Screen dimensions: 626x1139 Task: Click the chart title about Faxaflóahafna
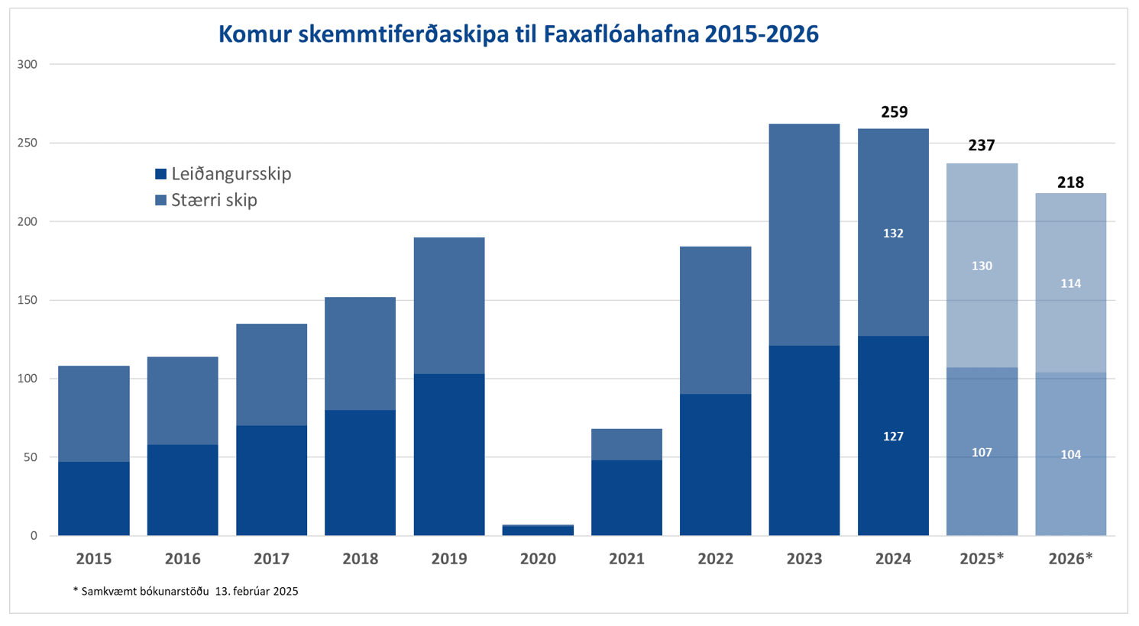tap(518, 34)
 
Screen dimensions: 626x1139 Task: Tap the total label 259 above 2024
tap(894, 112)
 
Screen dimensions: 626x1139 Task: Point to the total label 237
tap(982, 145)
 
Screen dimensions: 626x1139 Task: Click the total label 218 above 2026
tap(1070, 182)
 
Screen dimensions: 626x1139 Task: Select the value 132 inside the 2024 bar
tap(893, 234)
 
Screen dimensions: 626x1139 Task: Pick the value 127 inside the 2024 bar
tap(893, 437)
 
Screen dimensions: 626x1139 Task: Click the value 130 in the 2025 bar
tap(982, 266)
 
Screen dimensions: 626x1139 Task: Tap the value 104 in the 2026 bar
tap(1070, 455)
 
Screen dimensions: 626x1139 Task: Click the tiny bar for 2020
tap(538, 530)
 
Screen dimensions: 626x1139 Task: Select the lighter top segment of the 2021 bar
tap(626, 444)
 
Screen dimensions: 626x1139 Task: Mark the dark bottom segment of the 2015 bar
tap(94, 499)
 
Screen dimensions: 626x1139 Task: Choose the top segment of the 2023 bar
tap(804, 234)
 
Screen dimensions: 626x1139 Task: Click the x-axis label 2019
tap(449, 559)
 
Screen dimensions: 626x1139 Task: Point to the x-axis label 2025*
tap(982, 559)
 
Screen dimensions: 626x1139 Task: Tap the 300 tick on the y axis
tap(28, 65)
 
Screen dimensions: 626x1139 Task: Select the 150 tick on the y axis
tap(28, 300)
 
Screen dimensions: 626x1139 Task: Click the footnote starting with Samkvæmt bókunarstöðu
tap(186, 592)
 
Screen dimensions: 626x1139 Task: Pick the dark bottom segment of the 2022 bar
tap(715, 464)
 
